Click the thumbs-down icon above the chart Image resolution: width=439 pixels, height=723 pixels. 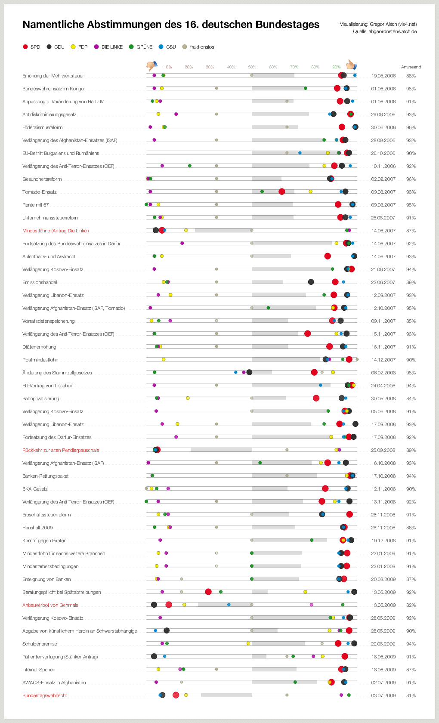tap(152, 66)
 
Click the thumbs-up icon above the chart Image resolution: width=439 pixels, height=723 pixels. tap(352, 65)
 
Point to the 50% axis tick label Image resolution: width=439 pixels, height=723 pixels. tap(252, 67)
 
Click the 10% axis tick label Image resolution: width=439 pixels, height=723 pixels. tap(168, 67)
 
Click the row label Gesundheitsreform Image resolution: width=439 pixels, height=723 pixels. tap(42, 179)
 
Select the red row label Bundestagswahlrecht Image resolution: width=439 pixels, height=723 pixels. tap(45, 695)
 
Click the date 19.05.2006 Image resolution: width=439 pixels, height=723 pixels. tap(383, 76)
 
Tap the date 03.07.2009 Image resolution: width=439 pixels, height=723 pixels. tap(383, 695)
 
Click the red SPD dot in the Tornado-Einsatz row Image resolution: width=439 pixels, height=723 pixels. tap(281, 192)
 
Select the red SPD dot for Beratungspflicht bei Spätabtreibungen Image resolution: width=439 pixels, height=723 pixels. tap(208, 592)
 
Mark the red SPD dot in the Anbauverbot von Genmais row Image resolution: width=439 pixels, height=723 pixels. tap(169, 605)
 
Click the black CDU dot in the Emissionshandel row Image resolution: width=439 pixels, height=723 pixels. tap(311, 282)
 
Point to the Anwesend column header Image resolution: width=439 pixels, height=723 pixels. tap(411, 67)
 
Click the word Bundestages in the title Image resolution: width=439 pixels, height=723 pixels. tap(288, 25)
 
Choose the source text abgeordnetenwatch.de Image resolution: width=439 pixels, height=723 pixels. tap(393, 31)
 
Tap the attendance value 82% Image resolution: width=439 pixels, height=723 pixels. tap(411, 605)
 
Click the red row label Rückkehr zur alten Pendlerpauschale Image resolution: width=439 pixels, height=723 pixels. tap(61, 450)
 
